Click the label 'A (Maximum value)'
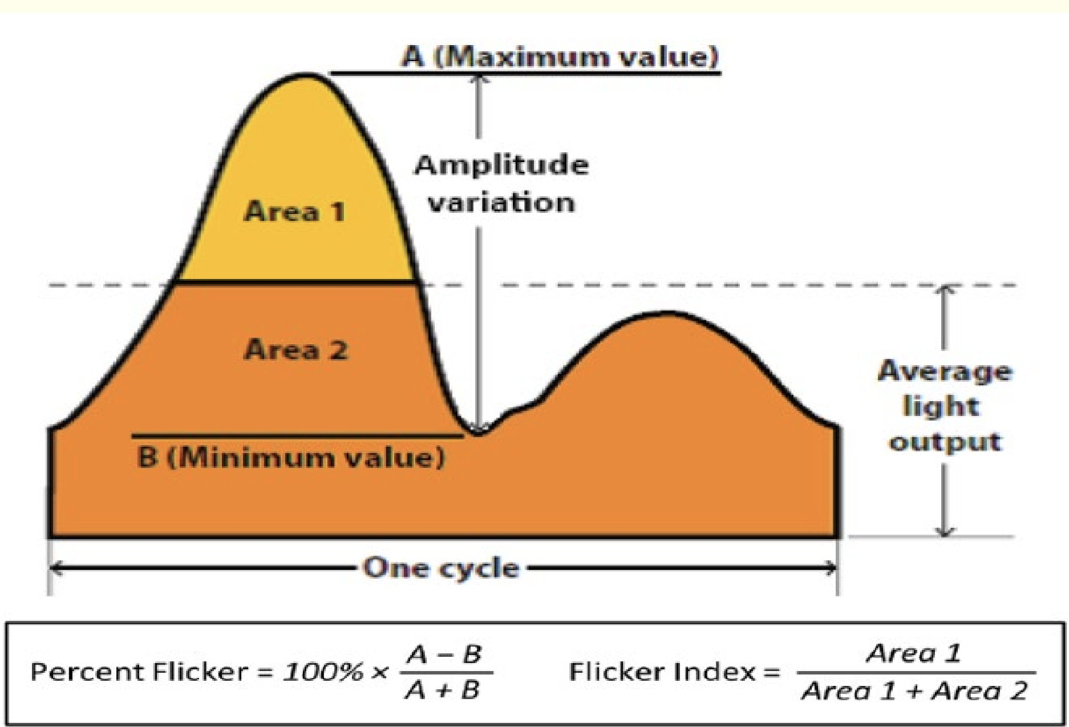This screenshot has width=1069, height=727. point(560,57)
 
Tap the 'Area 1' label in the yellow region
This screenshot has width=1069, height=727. point(294,212)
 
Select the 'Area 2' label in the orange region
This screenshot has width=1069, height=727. point(295,349)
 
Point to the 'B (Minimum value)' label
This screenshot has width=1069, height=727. point(291,458)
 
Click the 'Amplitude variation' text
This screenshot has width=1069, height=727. point(501,184)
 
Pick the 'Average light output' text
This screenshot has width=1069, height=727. point(945,406)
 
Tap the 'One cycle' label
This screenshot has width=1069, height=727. point(442,568)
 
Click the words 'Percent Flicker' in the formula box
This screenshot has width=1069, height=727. point(139,672)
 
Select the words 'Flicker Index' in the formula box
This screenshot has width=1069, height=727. point(662,672)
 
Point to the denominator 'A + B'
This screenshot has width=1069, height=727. point(443,691)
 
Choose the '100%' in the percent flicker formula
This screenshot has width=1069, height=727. point(323,672)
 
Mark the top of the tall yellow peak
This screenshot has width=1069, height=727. point(306,75)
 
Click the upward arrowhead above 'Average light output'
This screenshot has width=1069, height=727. point(945,290)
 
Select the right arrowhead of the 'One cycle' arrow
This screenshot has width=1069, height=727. point(832,568)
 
